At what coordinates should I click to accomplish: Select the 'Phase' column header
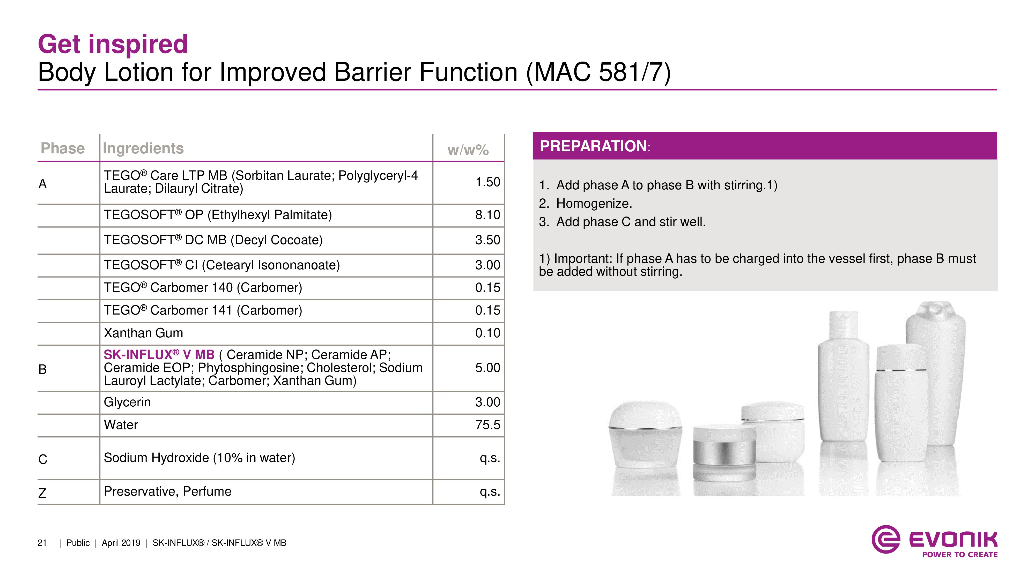63,148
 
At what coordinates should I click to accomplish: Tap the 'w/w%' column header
468,150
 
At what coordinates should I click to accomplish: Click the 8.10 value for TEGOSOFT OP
488,215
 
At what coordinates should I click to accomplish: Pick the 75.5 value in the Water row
488,425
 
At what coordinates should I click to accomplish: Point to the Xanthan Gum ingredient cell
143,333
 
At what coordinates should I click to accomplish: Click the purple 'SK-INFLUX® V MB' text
159,355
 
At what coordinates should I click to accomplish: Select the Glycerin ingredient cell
127,402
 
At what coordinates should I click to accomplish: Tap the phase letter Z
42,493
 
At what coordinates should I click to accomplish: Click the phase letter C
43,459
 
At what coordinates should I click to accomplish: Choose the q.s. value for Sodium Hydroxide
490,458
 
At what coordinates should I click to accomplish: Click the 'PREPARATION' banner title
593,146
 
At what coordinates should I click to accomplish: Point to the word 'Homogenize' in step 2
592,204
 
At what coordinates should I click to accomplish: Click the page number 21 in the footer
42,543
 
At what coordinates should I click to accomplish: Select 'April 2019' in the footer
121,543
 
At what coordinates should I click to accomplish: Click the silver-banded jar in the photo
724,453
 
